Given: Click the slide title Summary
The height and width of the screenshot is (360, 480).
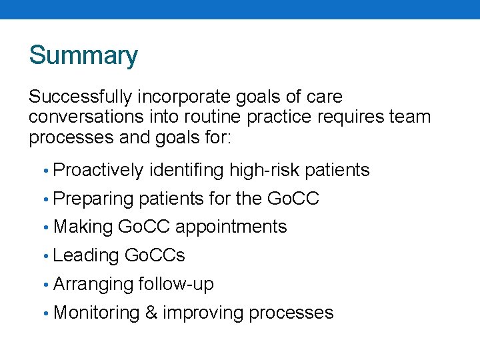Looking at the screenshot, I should [83, 55].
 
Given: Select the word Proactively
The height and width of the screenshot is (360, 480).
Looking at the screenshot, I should [98, 171].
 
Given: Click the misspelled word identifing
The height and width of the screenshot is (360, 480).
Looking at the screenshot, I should [187, 171].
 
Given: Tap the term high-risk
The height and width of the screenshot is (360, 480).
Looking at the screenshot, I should [264, 171].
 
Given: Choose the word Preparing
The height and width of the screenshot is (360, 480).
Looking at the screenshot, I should [93, 199].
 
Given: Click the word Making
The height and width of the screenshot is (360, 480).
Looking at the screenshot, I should [83, 227].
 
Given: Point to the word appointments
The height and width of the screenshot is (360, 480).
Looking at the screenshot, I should [231, 227].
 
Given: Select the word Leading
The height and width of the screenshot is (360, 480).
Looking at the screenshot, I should [85, 255].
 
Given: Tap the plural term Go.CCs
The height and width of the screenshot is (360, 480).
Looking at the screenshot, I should [155, 255].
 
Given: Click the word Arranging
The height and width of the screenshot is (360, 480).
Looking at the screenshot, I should [93, 284].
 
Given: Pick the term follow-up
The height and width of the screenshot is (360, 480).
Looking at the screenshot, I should [176, 284].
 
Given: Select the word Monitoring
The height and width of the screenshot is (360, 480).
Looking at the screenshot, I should [96, 313].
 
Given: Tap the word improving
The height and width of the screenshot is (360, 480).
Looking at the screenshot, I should [203, 313].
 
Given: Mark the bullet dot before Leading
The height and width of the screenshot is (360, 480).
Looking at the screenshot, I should [46, 256].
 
